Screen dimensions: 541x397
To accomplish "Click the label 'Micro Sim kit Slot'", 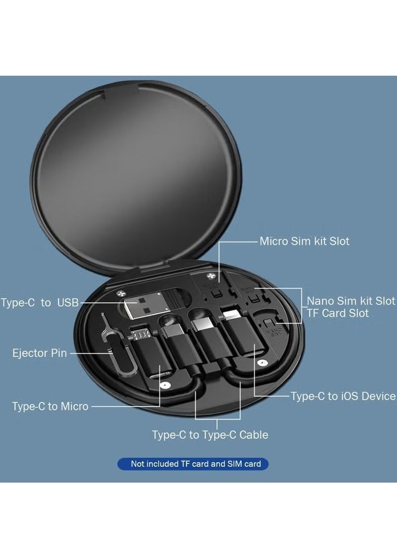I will click(304, 242).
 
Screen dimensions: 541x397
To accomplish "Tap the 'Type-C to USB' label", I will click(40, 303).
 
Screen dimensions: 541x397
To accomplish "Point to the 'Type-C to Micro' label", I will click(50, 406).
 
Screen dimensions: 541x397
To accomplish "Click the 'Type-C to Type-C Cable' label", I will click(210, 435).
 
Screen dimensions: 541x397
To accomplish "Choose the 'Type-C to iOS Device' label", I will click(343, 396).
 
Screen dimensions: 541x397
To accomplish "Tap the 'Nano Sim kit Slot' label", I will click(351, 301).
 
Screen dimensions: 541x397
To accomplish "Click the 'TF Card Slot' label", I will click(337, 313).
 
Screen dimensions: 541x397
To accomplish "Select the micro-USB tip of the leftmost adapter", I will click(142, 333).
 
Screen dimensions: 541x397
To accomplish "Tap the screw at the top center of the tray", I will click(212, 276).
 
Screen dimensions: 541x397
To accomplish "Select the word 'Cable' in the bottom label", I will click(254, 435).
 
